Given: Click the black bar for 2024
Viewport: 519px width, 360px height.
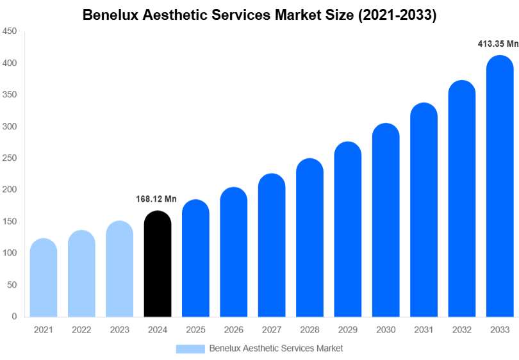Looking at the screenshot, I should (158, 263).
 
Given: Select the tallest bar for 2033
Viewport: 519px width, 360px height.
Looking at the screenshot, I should (500, 186).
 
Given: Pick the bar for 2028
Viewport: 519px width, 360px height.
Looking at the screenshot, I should (309, 237).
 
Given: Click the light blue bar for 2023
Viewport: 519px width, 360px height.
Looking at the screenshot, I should (120, 268).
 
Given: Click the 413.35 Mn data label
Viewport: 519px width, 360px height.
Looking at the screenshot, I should (498, 44).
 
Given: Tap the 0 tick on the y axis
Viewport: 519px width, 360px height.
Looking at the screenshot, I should (14, 316).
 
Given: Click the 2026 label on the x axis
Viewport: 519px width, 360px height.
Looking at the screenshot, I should (233, 330).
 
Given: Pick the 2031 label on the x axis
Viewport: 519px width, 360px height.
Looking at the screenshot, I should (424, 330).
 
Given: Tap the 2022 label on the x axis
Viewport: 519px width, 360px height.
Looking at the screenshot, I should (81, 330).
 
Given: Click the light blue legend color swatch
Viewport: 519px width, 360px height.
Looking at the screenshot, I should (190, 348).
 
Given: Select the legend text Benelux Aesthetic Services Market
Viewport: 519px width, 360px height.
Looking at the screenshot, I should (276, 348).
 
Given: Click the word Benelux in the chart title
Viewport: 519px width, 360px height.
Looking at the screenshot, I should (111, 15).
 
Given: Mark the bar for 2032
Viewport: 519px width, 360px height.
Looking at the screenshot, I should (462, 199).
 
